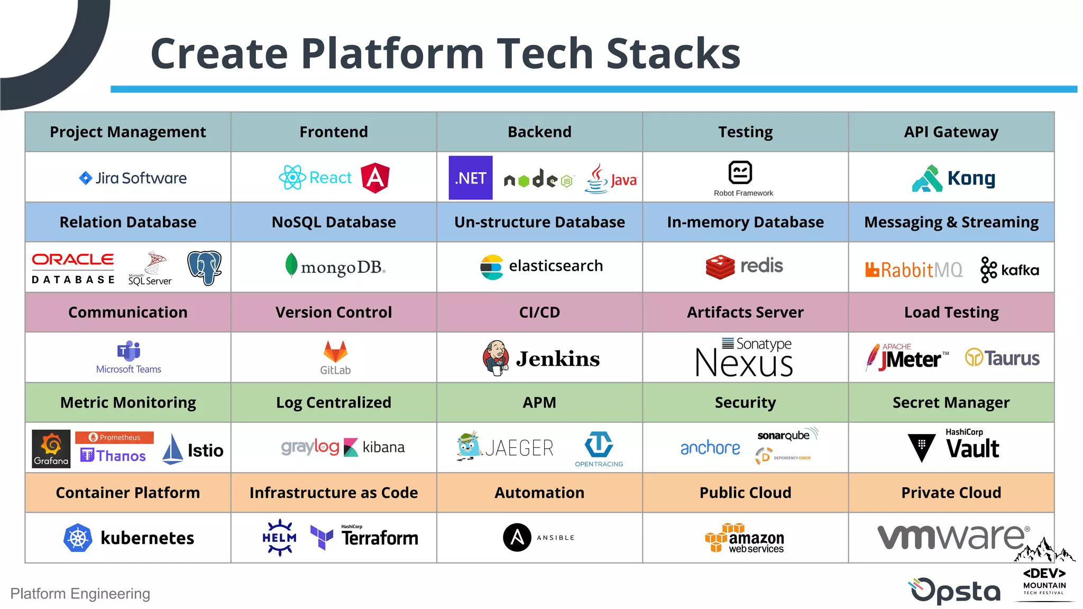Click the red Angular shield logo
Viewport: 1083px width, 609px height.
coord(375,178)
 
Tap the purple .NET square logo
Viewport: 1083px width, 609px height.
coord(470,178)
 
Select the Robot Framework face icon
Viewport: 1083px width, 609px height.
coord(740,172)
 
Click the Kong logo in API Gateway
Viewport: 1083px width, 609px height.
coord(953,178)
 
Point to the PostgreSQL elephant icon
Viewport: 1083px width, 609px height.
coord(205,267)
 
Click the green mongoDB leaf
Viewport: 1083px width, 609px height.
coord(291,265)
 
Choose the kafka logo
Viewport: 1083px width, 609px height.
coord(1009,270)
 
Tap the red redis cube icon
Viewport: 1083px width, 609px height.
coord(720,267)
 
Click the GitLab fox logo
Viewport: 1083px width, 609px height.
coord(335,352)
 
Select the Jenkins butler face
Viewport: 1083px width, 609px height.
coord(496,357)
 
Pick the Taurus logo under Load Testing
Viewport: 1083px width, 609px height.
coord(1002,358)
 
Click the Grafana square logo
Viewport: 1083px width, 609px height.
coord(51,449)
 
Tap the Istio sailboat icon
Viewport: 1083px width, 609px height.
coord(172,449)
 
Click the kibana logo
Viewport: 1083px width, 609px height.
coord(374,447)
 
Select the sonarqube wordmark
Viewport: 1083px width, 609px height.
coord(783,436)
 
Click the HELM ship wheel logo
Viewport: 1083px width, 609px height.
coord(279,538)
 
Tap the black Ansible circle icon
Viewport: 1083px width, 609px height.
coord(517,538)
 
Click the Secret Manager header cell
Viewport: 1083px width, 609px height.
coord(951,402)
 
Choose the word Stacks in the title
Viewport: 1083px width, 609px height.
coord(673,53)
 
